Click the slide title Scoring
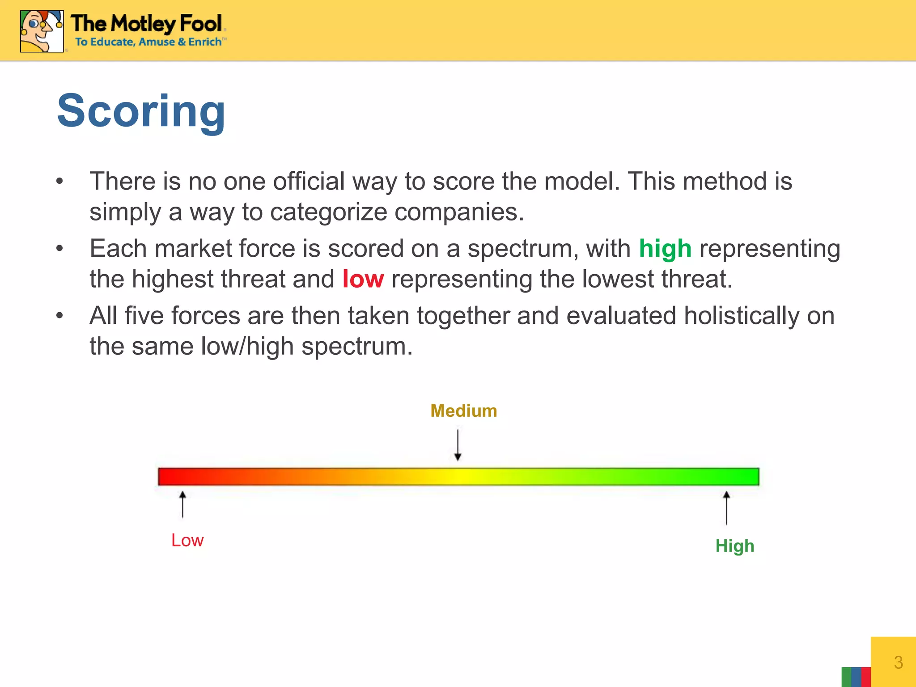tap(141, 110)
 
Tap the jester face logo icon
tap(42, 31)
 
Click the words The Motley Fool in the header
tap(147, 23)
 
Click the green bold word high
tap(665, 249)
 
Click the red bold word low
tap(363, 279)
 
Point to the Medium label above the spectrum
tap(463, 411)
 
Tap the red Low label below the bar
tap(187, 540)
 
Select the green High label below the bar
tap(734, 546)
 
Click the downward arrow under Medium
tap(458, 445)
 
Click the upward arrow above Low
tap(182, 505)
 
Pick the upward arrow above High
tap(726, 508)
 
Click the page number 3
tap(898, 662)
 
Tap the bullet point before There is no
tap(59, 182)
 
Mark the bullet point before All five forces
tap(59, 316)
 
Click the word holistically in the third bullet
tap(741, 316)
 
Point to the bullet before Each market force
tap(59, 249)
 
